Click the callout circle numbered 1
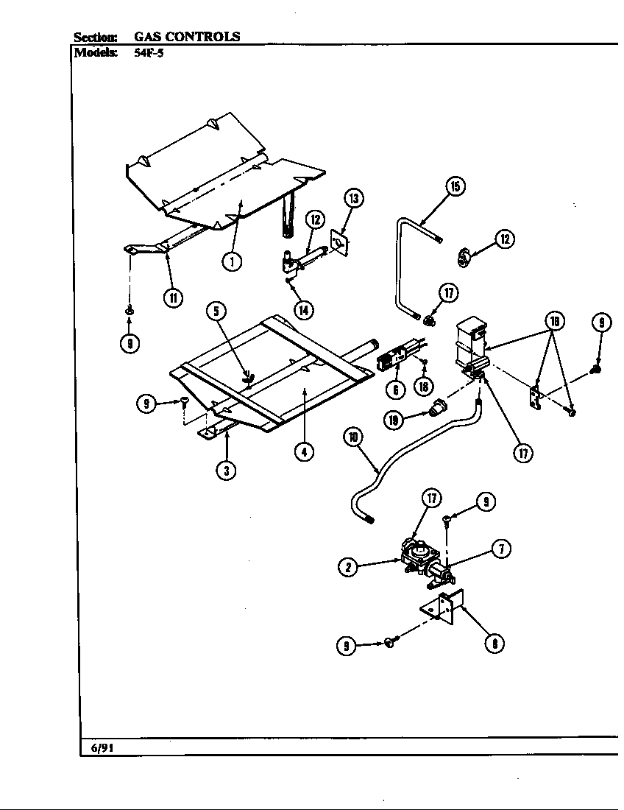pos(232,261)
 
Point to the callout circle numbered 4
pos(303,451)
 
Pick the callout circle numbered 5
pos(216,311)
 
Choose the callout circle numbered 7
pos(501,549)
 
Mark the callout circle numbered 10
pos(353,437)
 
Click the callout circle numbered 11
pos(173,297)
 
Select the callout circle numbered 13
pos(353,198)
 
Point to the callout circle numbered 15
pos(455,186)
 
